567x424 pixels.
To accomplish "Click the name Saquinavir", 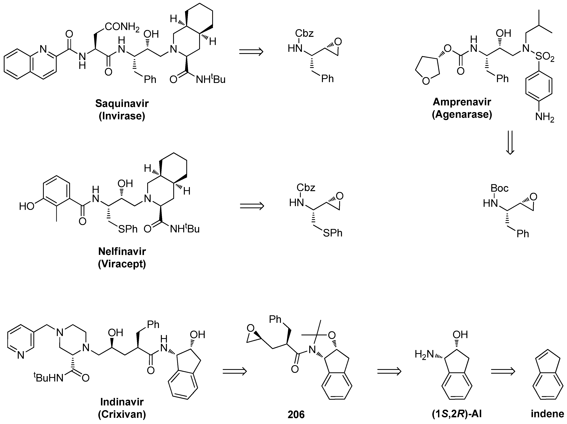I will point(122,103).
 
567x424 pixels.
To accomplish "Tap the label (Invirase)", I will point(122,116).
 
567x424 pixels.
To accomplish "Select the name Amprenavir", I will point(462,102).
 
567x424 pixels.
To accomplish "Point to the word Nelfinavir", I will point(122,251).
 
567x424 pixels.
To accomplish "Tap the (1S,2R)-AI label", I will point(457,414).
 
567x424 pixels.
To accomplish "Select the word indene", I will point(547,414).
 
